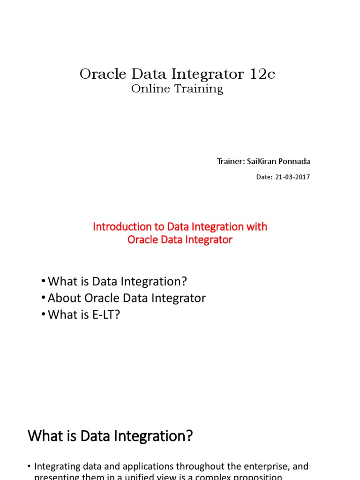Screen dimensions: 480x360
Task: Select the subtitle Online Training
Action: coord(177,89)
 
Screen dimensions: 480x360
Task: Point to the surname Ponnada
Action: coord(294,162)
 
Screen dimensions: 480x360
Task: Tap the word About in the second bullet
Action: coord(63,298)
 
